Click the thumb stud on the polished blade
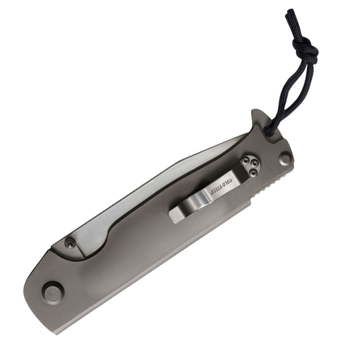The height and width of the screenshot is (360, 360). [x=70, y=244]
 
